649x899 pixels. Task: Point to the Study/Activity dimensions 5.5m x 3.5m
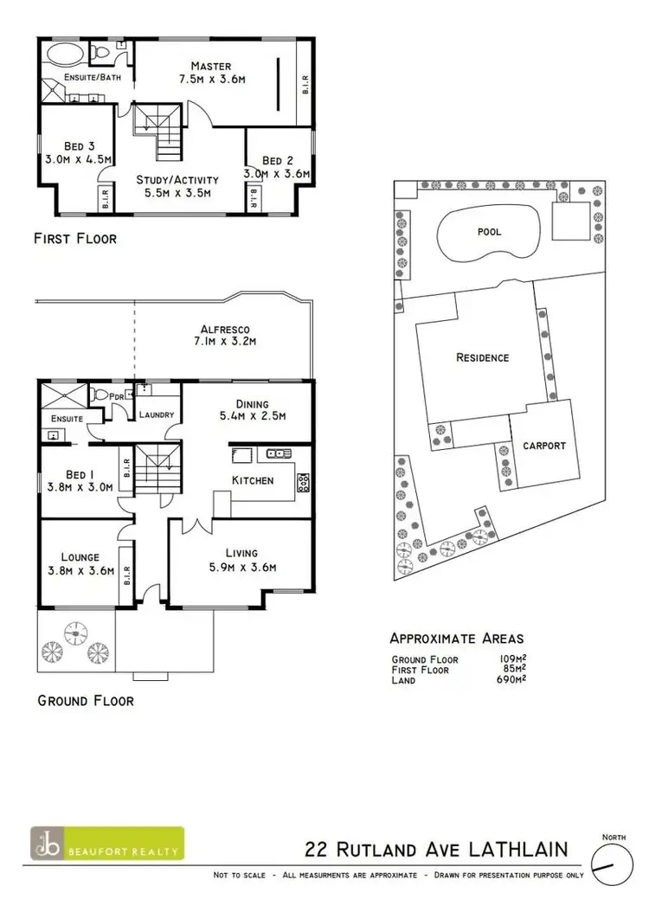click(177, 194)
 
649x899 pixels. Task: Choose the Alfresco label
click(225, 328)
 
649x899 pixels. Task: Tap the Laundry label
click(157, 414)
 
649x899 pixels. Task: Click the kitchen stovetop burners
click(303, 481)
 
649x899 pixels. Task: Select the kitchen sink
click(241, 453)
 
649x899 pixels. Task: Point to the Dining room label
click(252, 403)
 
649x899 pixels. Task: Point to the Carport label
click(543, 446)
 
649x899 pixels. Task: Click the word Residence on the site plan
click(482, 357)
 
